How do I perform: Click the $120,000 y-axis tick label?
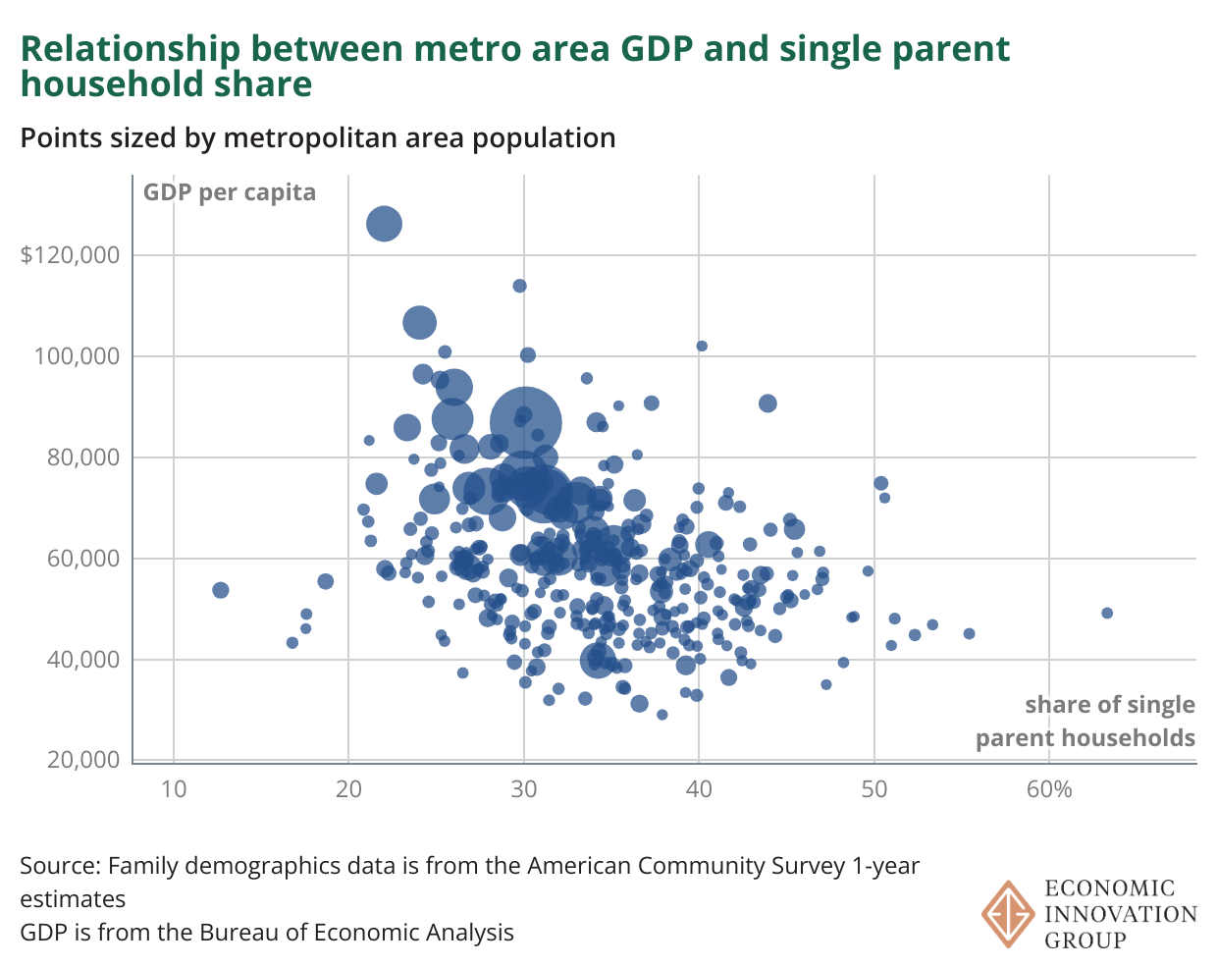[70, 255]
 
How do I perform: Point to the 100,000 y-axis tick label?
[77, 356]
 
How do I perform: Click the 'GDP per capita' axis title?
[230, 191]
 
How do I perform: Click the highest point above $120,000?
[385, 224]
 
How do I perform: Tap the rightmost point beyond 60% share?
[1107, 613]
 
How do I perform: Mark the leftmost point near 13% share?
[221, 590]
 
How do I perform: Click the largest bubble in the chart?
[526, 423]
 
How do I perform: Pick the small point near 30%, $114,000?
[520, 286]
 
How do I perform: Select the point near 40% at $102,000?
[702, 346]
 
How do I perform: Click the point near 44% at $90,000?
[767, 403]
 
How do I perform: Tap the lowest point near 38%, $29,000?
[662, 715]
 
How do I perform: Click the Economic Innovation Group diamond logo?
[1008, 914]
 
